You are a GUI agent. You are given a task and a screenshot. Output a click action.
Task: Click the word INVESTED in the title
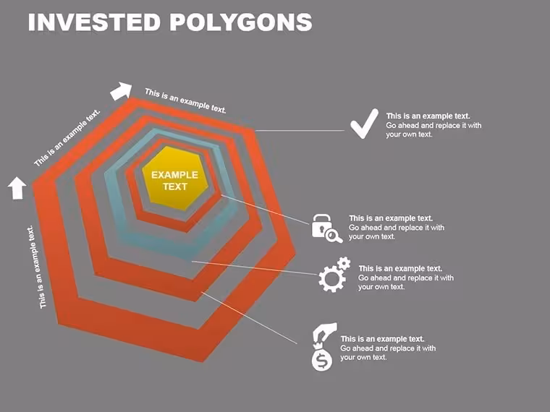pyautogui.click(x=94, y=22)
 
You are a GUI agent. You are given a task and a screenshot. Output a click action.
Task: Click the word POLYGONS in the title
pyautogui.click(x=241, y=22)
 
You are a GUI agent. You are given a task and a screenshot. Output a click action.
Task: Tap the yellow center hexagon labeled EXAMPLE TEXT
pyautogui.click(x=175, y=179)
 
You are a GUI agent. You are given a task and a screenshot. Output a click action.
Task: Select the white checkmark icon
pyautogui.click(x=365, y=124)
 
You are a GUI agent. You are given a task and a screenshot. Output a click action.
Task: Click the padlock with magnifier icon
pyautogui.click(x=327, y=228)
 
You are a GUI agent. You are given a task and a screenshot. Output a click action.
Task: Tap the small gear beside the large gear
pyautogui.click(x=344, y=263)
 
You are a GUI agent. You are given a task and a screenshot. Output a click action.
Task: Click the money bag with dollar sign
pyautogui.click(x=321, y=357)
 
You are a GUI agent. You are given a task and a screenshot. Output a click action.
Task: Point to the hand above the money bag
pyautogui.click(x=324, y=332)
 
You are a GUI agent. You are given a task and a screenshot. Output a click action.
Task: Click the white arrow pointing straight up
pyautogui.click(x=17, y=188)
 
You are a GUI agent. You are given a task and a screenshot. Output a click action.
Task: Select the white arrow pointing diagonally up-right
pyautogui.click(x=122, y=91)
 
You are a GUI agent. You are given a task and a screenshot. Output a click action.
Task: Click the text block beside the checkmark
pyautogui.click(x=433, y=125)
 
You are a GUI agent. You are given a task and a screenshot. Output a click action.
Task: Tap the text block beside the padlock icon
pyautogui.click(x=397, y=228)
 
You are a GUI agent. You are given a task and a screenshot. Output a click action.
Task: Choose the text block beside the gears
pyautogui.click(x=406, y=278)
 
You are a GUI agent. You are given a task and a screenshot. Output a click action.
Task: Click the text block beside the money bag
pyautogui.click(x=388, y=348)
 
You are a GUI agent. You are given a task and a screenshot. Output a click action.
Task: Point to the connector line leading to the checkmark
pyautogui.click(x=300, y=130)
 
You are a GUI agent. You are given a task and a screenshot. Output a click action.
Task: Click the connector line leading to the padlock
pyautogui.click(x=265, y=209)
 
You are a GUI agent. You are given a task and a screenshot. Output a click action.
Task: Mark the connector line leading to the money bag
pyautogui.click(x=250, y=318)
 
